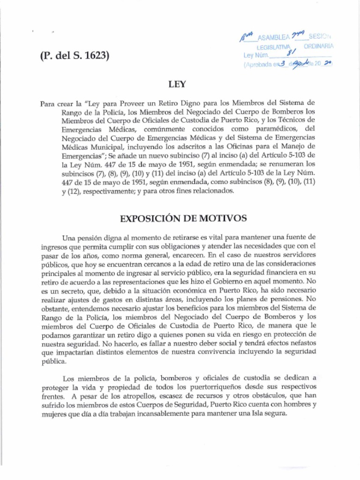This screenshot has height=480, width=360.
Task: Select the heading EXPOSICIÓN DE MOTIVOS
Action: (x=180, y=218)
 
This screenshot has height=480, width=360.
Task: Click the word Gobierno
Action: (x=244, y=281)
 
